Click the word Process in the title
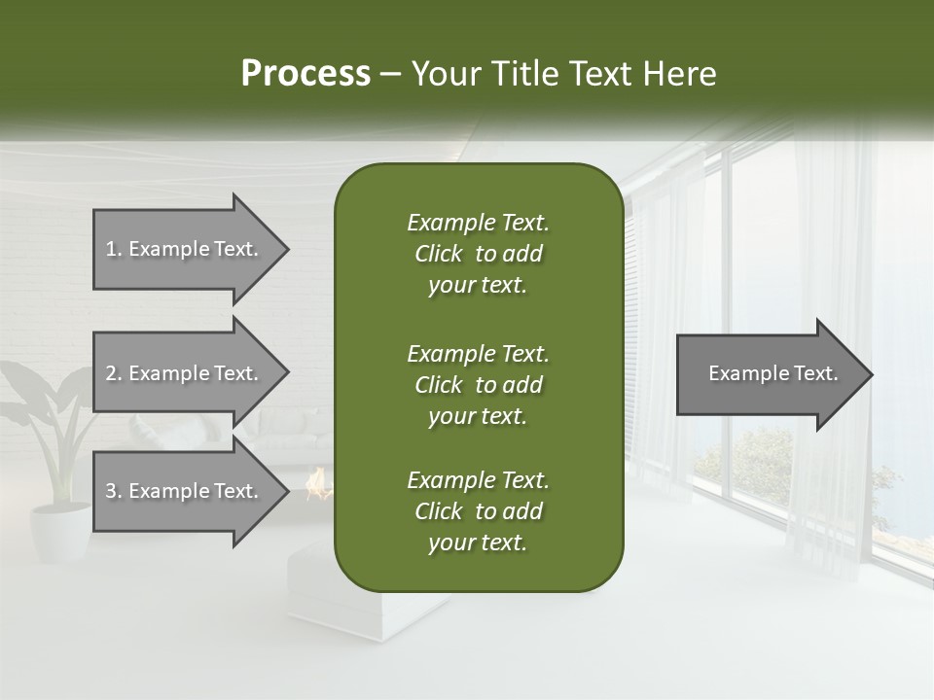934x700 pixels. point(305,74)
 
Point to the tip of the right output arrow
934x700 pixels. point(871,373)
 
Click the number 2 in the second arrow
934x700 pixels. point(112,373)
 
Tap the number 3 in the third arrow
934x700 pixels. point(112,491)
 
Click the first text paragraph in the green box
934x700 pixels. point(478,254)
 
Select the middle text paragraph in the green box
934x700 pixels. point(478,384)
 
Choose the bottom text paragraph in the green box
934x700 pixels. point(478,511)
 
